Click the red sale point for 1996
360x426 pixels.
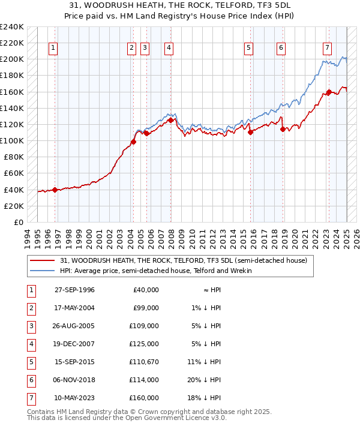pyautogui.click(x=55, y=190)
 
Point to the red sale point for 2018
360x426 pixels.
pyautogui.click(x=282, y=129)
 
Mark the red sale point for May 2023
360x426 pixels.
pyautogui.click(x=329, y=92)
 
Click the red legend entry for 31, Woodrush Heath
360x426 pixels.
pyautogui.click(x=184, y=260)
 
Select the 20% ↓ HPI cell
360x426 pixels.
pyautogui.click(x=204, y=380)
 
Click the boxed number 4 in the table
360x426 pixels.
pyautogui.click(x=30, y=344)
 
